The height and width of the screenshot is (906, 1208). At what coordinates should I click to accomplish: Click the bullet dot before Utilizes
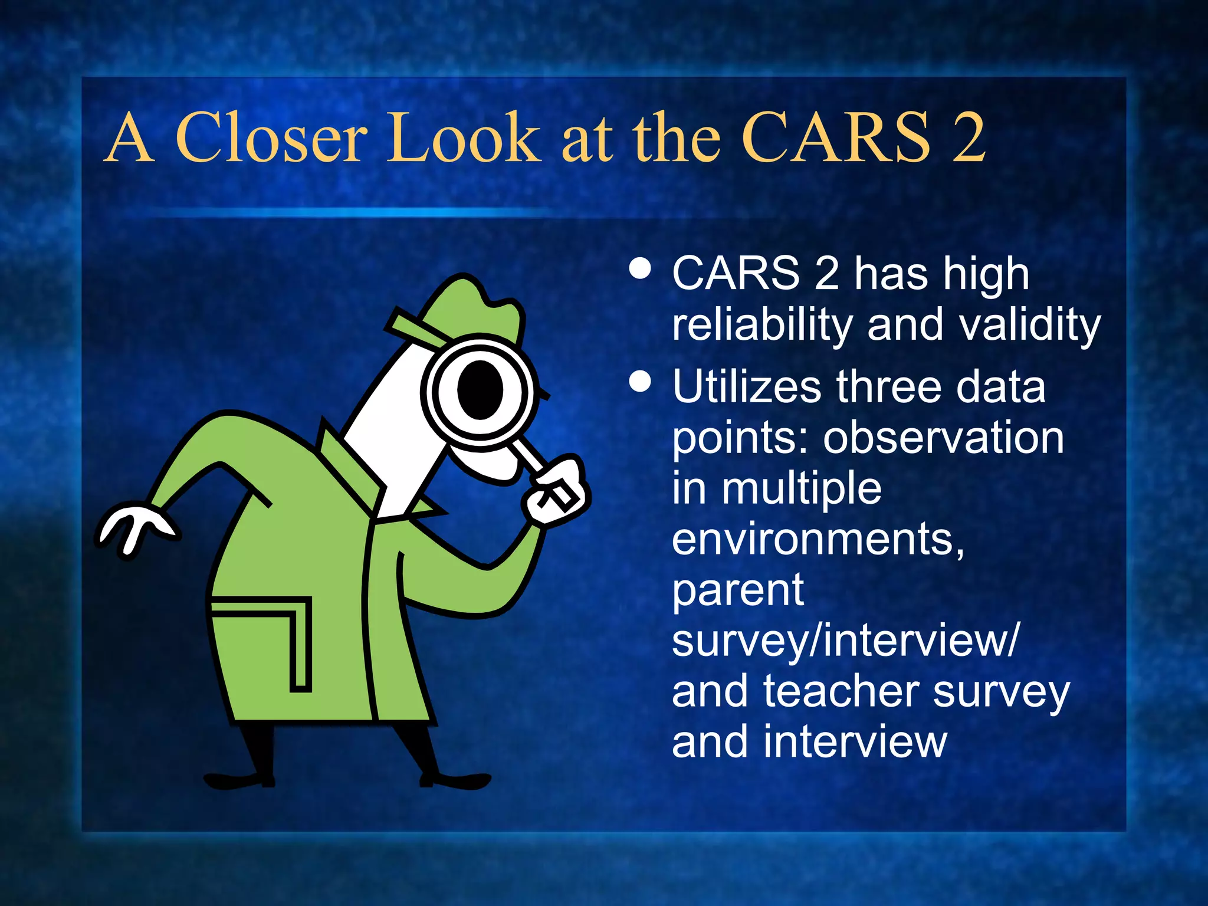pos(640,381)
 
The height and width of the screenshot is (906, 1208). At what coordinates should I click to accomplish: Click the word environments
pos(818,539)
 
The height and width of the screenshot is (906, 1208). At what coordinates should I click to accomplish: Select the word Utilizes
pos(746,387)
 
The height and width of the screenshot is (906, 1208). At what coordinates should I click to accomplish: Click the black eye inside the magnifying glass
pos(480,390)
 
